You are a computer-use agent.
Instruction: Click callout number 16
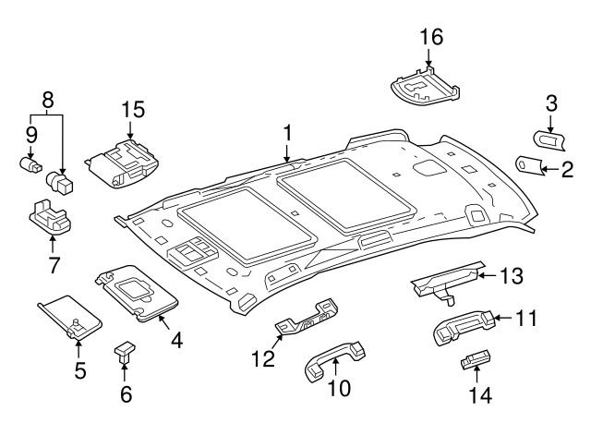[x=431, y=38]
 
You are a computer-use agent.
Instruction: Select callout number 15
[x=134, y=110]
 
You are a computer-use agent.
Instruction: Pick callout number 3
[x=550, y=103]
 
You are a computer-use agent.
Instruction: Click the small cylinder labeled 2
[x=529, y=165]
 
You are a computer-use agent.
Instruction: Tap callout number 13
[x=511, y=274]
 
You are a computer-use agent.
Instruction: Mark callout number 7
[x=53, y=266]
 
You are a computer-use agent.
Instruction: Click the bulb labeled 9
[x=30, y=164]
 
